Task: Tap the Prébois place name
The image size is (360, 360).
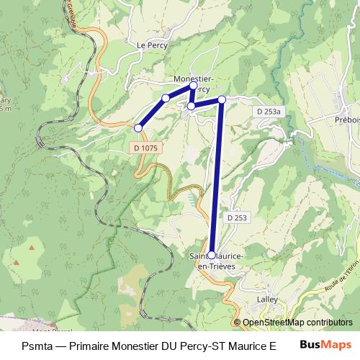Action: click(348, 120)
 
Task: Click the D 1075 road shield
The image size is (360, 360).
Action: click(145, 147)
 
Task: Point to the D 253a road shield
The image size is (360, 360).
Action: click(269, 112)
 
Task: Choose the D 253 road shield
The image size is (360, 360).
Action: click(237, 217)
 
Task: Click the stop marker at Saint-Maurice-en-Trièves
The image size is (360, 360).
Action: click(211, 255)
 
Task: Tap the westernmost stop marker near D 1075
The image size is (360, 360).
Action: click(138, 128)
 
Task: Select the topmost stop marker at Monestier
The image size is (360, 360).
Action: click(193, 85)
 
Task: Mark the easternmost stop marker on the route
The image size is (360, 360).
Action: click(222, 99)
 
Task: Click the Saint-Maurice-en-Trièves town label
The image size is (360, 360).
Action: click(216, 261)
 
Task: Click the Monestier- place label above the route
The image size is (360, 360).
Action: click(193, 78)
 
